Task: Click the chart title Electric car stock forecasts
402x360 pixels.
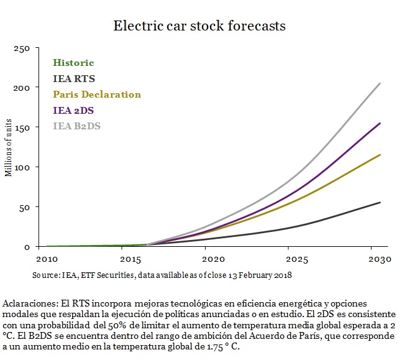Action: coord(199,26)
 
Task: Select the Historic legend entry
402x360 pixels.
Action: coord(73,63)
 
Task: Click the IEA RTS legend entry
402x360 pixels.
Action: coord(74,79)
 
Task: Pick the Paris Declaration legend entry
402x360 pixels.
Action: coord(97,95)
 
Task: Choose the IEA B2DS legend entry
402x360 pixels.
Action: coord(77,126)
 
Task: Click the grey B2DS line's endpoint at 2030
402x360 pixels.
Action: coord(380,83)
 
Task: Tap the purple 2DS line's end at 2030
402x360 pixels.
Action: coord(380,123)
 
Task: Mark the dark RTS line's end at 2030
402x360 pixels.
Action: coord(380,202)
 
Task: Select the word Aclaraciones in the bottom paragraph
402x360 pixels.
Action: coord(30,303)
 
